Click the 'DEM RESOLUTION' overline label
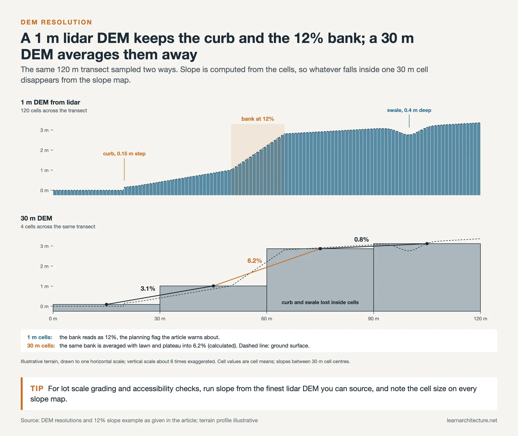click(x=56, y=22)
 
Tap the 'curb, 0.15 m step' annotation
click(x=124, y=154)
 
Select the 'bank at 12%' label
click(x=258, y=119)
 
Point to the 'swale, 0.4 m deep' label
click(x=409, y=110)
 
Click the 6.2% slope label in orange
click(x=254, y=261)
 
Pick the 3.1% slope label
click(x=148, y=289)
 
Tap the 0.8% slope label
click(x=361, y=239)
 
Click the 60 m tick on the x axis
click(x=267, y=319)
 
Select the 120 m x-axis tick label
click(x=480, y=319)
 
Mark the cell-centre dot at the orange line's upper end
click(x=320, y=249)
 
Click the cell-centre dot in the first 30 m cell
click(x=107, y=304)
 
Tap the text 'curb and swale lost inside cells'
click(x=320, y=303)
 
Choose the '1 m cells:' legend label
click(x=39, y=337)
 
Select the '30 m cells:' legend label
click(x=41, y=346)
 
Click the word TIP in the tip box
click(x=37, y=388)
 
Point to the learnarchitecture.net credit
click(x=472, y=420)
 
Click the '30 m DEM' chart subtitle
click(x=36, y=218)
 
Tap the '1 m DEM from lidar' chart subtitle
click(x=51, y=102)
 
